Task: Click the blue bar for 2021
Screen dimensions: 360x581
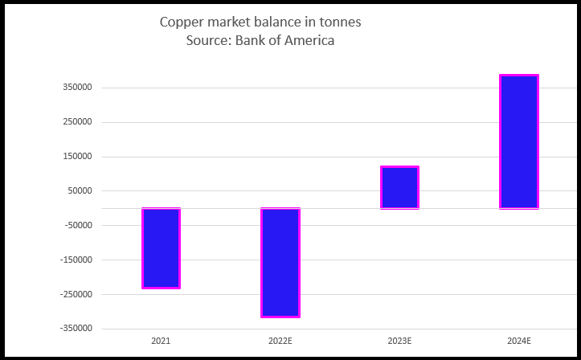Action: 161,247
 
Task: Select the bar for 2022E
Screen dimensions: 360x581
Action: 280,262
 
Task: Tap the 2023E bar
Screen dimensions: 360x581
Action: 399,187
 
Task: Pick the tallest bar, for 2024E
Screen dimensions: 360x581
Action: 519,141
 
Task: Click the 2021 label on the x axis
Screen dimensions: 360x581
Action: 161,342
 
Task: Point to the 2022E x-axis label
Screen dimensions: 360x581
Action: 280,342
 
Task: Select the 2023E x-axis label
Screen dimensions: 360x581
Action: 399,342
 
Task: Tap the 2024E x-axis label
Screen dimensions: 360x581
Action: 519,342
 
